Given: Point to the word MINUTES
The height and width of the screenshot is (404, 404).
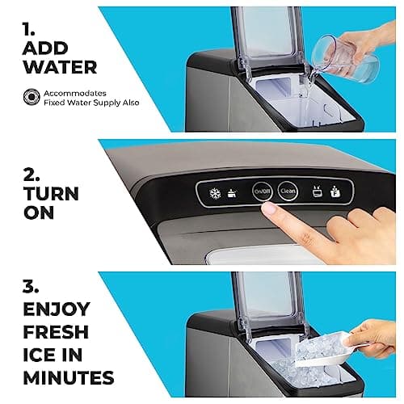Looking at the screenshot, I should (x=68, y=378).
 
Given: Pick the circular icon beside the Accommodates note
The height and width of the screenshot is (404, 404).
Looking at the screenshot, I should (x=29, y=97).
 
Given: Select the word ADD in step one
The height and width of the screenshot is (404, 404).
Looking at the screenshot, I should (x=44, y=50).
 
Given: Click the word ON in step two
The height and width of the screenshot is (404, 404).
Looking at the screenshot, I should (x=40, y=215).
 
